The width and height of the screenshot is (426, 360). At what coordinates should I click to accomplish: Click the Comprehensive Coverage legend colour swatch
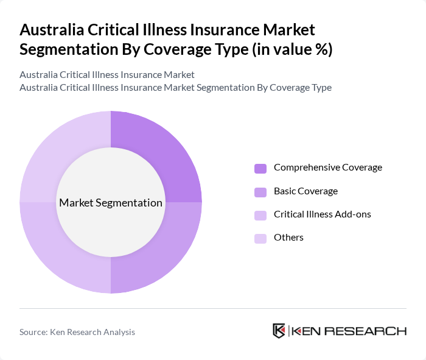(260, 168)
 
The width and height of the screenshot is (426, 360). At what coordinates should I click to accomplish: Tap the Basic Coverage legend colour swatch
(260, 192)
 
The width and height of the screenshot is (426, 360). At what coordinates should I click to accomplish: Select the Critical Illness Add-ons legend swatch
(260, 215)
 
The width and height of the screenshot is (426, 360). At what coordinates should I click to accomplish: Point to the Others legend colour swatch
(260, 238)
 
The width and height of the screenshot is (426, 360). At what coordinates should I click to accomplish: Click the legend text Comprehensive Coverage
(328, 168)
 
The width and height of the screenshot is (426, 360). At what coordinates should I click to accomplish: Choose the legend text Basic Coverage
(306, 191)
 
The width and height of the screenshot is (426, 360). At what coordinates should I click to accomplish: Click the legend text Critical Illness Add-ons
(323, 214)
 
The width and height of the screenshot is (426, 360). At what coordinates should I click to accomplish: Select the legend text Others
(288, 238)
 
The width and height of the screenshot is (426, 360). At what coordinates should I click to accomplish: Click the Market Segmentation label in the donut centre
(111, 203)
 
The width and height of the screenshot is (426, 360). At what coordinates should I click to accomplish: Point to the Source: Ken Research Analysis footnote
(77, 332)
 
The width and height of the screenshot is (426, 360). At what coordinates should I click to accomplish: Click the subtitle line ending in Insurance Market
(107, 75)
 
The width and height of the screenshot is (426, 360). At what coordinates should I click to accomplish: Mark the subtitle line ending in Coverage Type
(175, 87)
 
